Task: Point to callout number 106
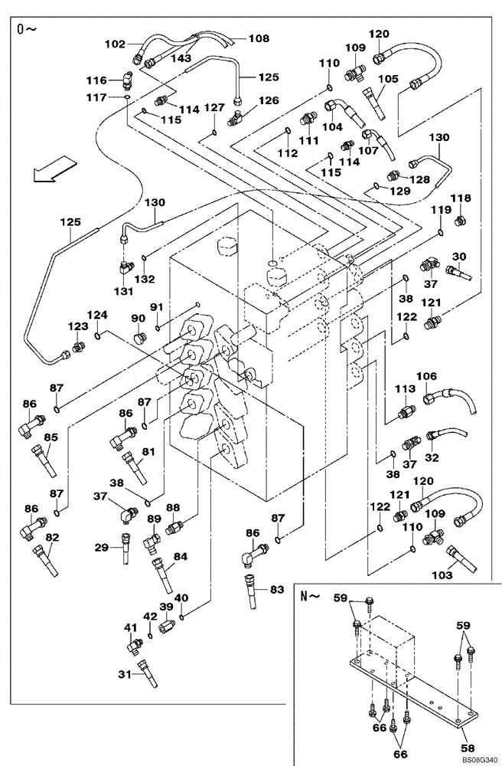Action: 427,376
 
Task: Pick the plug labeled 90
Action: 139,338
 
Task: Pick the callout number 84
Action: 181,556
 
